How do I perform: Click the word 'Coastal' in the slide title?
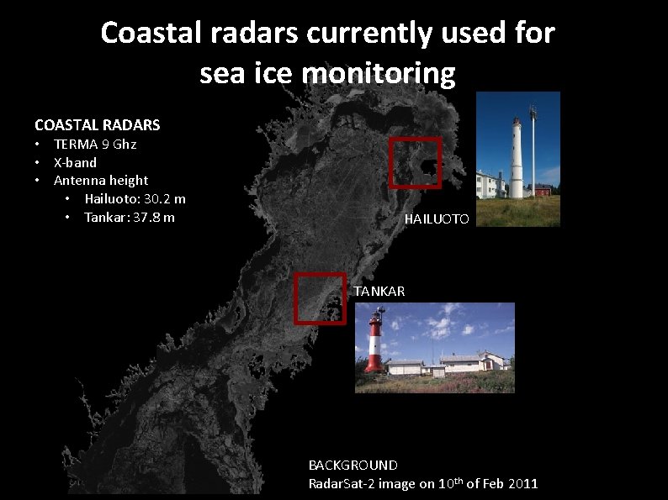pos(149,33)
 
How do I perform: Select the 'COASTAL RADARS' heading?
pos(97,125)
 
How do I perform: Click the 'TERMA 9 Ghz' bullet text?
pos(95,145)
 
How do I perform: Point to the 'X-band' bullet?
pos(75,162)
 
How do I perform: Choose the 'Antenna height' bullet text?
pos(101,180)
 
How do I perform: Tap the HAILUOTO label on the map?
pos(437,219)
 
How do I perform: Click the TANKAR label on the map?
pos(379,292)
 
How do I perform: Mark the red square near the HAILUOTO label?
pos(416,162)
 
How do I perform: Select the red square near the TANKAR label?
pos(320,297)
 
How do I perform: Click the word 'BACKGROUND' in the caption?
pos(353,465)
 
